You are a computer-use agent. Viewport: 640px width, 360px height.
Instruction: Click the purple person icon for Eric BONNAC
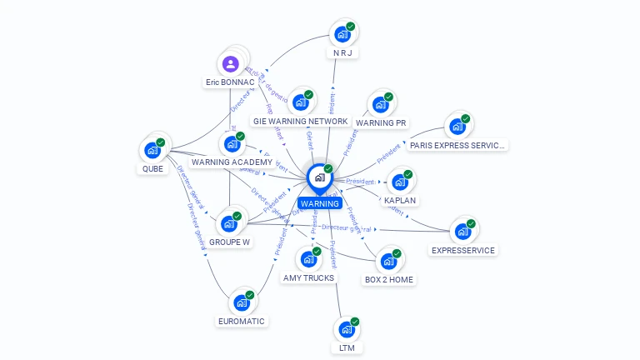231,62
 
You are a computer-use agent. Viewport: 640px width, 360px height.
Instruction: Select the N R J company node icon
342,34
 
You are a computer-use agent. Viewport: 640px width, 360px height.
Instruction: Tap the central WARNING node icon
319,177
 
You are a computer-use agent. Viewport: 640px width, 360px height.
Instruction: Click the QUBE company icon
152,150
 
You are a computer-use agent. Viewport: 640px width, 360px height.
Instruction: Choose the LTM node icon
346,329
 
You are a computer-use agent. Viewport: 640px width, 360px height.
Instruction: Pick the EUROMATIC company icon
242,302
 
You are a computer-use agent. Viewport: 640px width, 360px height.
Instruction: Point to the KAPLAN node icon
400,182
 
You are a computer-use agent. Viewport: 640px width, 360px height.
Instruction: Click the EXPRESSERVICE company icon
462,232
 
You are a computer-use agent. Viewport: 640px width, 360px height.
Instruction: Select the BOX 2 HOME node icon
388,261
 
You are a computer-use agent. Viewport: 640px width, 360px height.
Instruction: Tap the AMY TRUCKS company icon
308,259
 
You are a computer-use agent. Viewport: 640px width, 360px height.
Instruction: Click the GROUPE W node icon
229,223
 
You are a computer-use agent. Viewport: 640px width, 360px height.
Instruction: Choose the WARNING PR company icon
381,104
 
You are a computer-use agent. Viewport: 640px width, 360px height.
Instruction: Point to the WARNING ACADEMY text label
232,162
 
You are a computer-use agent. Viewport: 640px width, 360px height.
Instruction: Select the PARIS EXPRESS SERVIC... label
457,145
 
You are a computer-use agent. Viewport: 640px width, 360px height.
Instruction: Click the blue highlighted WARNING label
320,203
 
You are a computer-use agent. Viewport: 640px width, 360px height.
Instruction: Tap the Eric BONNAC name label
230,82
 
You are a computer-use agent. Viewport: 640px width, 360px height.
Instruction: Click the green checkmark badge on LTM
355,322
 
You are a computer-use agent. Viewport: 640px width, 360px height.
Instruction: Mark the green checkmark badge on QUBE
161,142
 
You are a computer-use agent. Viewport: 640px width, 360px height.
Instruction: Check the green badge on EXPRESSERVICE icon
471,223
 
